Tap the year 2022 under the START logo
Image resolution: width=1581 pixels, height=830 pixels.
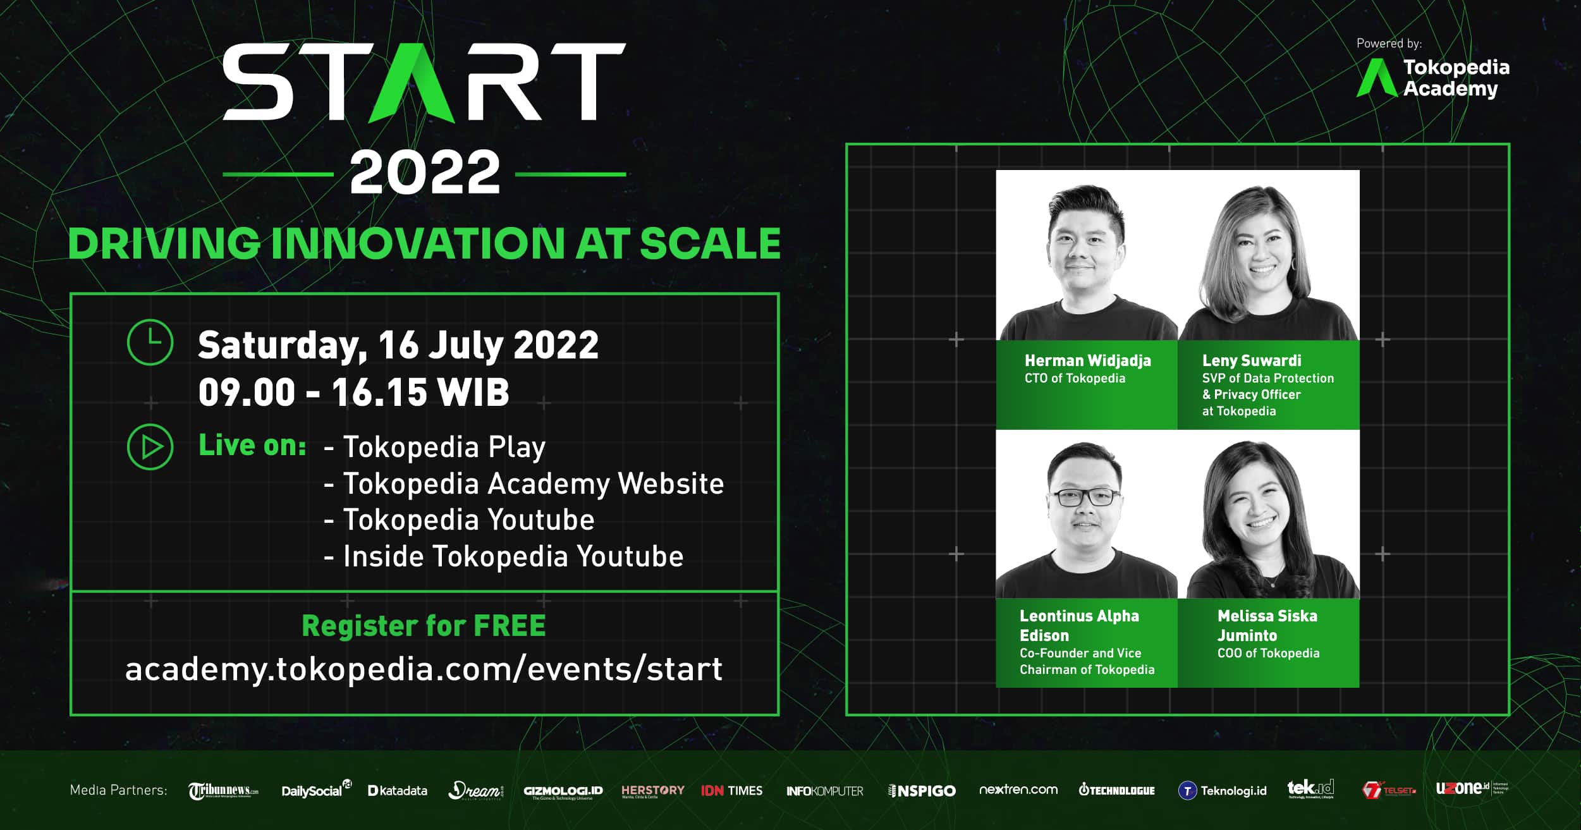[x=425, y=173]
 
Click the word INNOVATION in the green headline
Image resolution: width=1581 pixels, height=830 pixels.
[x=417, y=244]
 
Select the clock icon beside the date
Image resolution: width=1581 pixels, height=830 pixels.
[x=150, y=343]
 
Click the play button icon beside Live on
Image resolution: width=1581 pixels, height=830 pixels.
[x=150, y=447]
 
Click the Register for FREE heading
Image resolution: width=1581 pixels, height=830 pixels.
[x=424, y=626]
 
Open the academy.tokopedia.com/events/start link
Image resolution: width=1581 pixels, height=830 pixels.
[x=424, y=669]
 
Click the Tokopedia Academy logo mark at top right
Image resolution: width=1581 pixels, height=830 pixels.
[x=1376, y=78]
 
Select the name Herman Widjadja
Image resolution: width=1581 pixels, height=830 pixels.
[x=1087, y=361]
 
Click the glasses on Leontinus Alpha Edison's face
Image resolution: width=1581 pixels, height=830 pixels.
[x=1085, y=497]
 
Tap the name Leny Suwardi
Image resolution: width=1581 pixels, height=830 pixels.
[x=1251, y=361]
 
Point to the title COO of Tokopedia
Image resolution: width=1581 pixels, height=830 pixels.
[x=1268, y=654]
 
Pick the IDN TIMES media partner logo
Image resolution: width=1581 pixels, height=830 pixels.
[x=731, y=791]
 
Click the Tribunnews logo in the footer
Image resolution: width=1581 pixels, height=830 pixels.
[x=223, y=791]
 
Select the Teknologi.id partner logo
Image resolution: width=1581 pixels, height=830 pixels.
[x=1223, y=791]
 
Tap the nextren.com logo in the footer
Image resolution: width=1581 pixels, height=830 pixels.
[x=1018, y=790]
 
